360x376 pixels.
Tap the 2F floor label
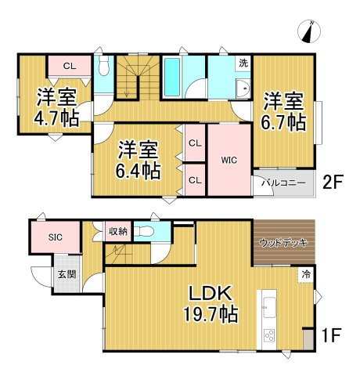click(x=334, y=183)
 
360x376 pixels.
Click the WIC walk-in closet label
click(x=229, y=161)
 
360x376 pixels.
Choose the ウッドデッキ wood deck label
click(x=283, y=243)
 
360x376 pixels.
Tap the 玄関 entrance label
click(x=67, y=274)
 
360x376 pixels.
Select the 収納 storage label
click(x=117, y=231)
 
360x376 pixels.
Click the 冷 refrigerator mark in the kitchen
click(x=306, y=274)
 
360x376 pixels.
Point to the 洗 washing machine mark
click(x=243, y=63)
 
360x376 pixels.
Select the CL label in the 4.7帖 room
click(x=69, y=66)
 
